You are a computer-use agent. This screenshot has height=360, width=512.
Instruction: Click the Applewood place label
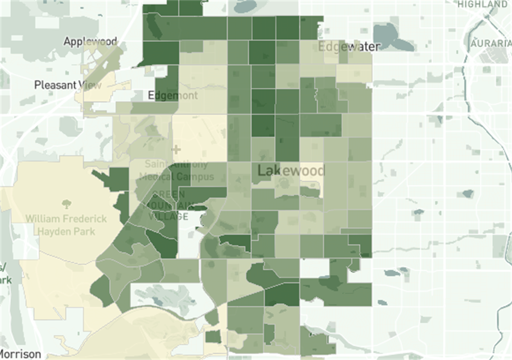[90, 41]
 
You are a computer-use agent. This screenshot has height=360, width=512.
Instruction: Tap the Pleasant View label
[68, 85]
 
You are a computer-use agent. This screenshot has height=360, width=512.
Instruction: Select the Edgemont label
[173, 96]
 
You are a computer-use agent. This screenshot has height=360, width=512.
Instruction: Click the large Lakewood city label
[291, 171]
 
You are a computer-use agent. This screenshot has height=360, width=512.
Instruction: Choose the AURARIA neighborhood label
[491, 44]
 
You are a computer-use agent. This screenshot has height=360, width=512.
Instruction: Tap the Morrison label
[20, 354]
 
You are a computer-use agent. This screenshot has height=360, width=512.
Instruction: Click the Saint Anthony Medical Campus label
[176, 170]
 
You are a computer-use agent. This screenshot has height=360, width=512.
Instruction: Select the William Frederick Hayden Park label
[66, 225]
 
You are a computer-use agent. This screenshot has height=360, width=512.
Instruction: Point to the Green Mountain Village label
[168, 205]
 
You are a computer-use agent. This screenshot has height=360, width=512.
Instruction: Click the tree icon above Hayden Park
[67, 204]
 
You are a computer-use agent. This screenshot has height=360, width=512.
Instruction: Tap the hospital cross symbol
[176, 149]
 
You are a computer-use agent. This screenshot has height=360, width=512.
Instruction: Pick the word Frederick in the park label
[85, 219]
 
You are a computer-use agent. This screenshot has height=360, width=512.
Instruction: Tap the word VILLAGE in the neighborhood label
[168, 216]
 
